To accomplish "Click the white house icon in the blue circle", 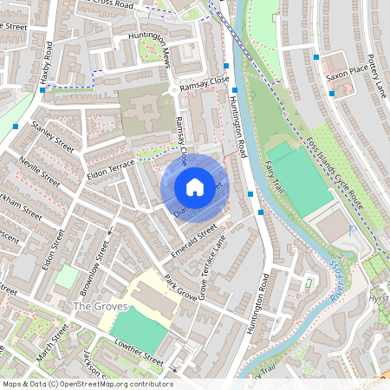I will click(195, 186).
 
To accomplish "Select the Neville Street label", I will click(38, 172).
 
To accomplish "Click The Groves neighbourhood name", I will click(101, 307).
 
